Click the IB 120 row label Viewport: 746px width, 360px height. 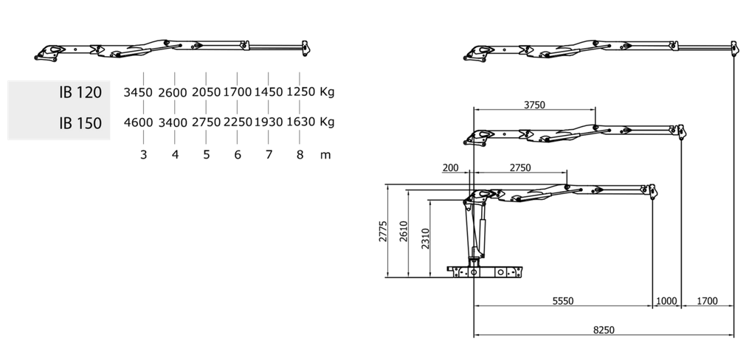pyautogui.click(x=80, y=92)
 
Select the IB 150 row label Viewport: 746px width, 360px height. pyautogui.click(x=80, y=123)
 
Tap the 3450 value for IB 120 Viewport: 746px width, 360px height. pyautogui.click(x=138, y=92)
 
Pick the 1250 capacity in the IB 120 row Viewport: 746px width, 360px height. pyautogui.click(x=300, y=91)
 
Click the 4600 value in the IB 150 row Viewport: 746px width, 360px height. pyautogui.click(x=139, y=122)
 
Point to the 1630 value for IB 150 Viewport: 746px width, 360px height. pyautogui.click(x=300, y=122)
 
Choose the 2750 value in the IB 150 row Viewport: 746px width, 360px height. pyautogui.click(x=207, y=122)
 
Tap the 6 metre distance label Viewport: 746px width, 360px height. pyautogui.click(x=238, y=155)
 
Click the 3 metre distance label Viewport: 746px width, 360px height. pyautogui.click(x=144, y=155)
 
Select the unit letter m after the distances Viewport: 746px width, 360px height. pyautogui.click(x=326, y=156)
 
